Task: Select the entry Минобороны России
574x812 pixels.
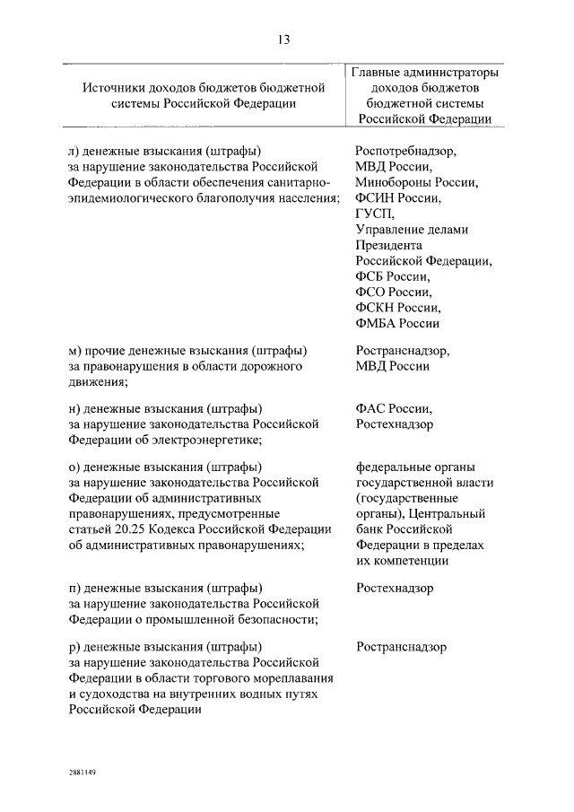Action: pos(416,181)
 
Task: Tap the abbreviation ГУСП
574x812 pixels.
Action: pos(374,214)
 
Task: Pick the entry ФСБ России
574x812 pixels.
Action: pos(394,277)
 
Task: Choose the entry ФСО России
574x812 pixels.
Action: pos(394,292)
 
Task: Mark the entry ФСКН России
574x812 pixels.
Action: pos(397,309)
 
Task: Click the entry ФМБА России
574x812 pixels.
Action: pos(397,325)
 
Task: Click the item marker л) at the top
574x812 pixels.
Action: pos(74,150)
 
